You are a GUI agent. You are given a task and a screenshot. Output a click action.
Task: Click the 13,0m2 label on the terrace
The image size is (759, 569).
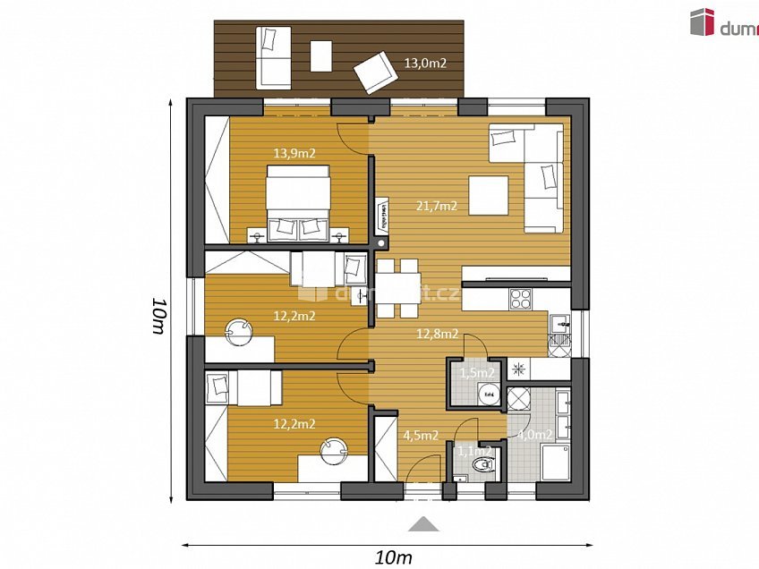[x=425, y=64]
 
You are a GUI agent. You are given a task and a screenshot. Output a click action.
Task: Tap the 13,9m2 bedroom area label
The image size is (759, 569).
[x=294, y=153]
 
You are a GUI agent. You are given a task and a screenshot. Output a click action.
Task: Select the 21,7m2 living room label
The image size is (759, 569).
[x=437, y=206]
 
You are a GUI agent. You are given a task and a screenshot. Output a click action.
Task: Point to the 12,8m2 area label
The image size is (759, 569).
[x=437, y=334]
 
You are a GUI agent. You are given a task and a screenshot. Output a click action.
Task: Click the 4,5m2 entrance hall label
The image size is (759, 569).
[x=421, y=436]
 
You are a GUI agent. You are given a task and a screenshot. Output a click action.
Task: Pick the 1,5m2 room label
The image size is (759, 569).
[x=476, y=372]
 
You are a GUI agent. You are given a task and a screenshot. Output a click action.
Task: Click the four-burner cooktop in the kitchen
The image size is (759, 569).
[x=520, y=298]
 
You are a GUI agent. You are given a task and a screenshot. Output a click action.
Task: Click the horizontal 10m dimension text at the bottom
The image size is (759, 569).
[x=393, y=557]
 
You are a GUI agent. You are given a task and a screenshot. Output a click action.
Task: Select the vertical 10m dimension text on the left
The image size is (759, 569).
[x=158, y=315]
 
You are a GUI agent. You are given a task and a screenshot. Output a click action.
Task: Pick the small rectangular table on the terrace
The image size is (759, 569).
[x=320, y=56]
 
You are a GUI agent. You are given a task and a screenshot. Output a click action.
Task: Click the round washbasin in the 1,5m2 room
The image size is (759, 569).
[x=489, y=393]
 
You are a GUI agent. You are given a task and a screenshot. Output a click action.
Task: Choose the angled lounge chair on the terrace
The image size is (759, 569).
[x=375, y=72]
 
